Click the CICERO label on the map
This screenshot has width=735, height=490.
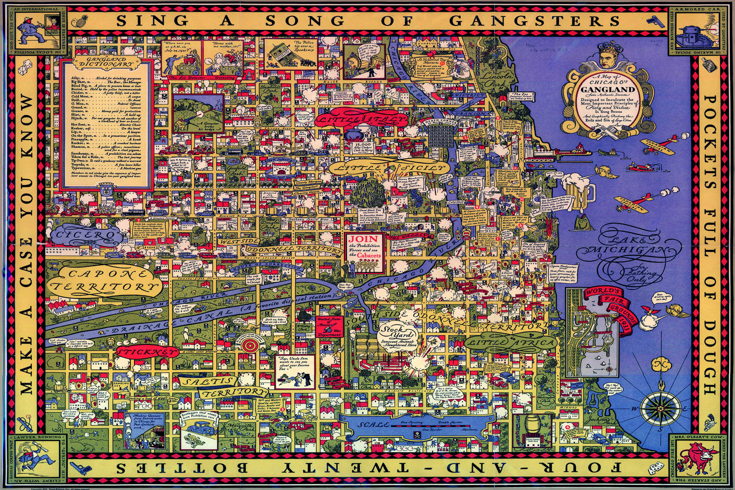pyautogui.click(x=83, y=236)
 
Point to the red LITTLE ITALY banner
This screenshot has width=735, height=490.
pyautogui.click(x=362, y=119)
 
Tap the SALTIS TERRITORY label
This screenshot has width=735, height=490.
pyautogui.click(x=223, y=386)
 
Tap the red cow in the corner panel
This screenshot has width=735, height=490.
pyautogui.click(x=696, y=458)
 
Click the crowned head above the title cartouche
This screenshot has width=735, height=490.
pyautogui.click(x=609, y=55)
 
